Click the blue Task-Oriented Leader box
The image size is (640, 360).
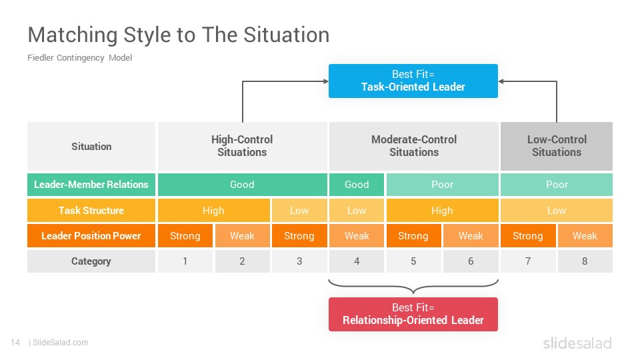[413, 81]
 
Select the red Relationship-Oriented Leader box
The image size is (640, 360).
[413, 314]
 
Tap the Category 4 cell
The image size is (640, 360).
[357, 261]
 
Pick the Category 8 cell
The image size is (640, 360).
[585, 261]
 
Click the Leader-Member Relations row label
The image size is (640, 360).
[91, 185]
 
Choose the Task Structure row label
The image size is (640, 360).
[91, 211]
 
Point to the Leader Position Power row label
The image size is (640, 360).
[91, 236]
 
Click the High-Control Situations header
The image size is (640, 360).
[243, 146]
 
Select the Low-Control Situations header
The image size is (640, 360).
[557, 146]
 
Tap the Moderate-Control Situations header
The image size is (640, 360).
[414, 146]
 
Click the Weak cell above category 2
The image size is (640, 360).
[243, 236]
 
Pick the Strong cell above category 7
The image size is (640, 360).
[528, 236]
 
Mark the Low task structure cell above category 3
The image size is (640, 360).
[299, 211]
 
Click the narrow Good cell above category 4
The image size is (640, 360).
[357, 185]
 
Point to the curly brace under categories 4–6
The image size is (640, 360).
[413, 287]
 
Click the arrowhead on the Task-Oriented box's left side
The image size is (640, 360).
[326, 81]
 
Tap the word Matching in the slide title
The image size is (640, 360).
[73, 35]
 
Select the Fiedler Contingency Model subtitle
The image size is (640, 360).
[79, 58]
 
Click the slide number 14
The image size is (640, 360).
[15, 343]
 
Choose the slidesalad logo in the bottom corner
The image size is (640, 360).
[577, 343]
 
